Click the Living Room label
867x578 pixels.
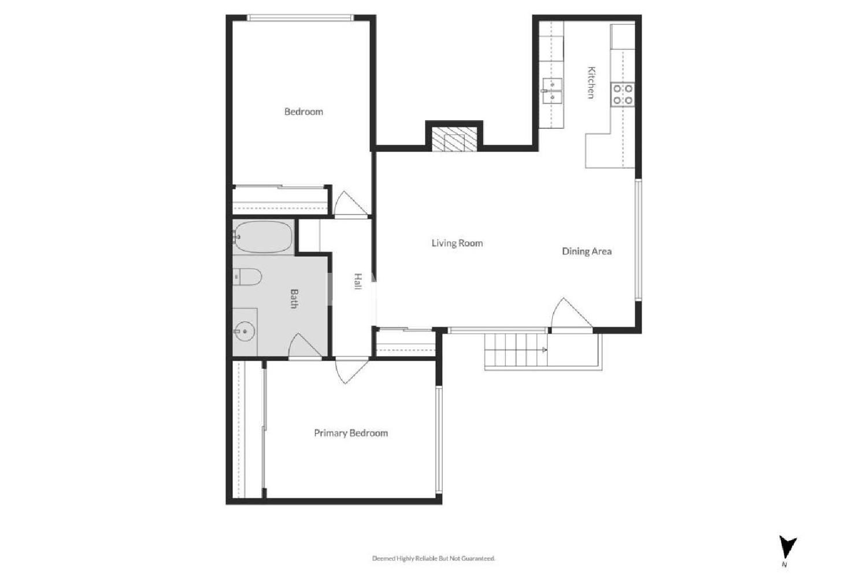pos(457,243)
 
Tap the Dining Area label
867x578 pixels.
pos(587,251)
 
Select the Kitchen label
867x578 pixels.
pos(591,83)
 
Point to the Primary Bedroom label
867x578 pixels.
pos(351,433)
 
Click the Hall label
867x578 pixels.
pos(358,281)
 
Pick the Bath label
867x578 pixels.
pos(294,298)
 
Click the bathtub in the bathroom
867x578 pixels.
pos(263,236)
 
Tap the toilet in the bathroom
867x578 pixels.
pos(247,277)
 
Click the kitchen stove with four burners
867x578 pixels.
pos(623,94)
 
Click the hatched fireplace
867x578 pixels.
pos(454,139)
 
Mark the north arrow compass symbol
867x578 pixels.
pos(787,547)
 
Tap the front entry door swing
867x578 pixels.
pos(571,314)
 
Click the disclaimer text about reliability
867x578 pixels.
pos(433,558)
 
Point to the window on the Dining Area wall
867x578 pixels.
pos(638,240)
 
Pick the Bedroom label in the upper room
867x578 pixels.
pos(303,112)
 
